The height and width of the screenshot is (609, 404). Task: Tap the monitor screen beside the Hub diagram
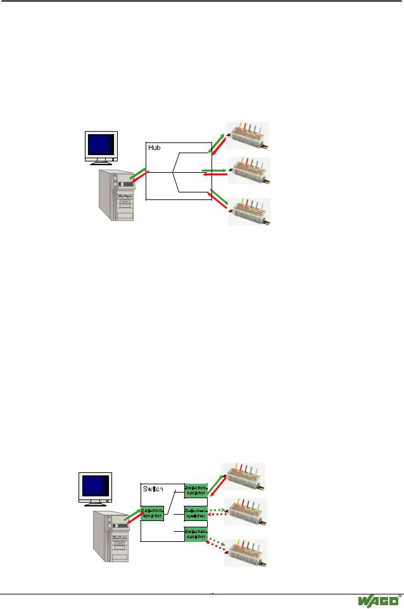101,145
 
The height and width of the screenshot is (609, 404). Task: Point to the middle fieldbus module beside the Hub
251,170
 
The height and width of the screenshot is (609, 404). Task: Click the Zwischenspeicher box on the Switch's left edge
152,513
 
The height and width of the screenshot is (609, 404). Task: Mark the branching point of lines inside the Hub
172,172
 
